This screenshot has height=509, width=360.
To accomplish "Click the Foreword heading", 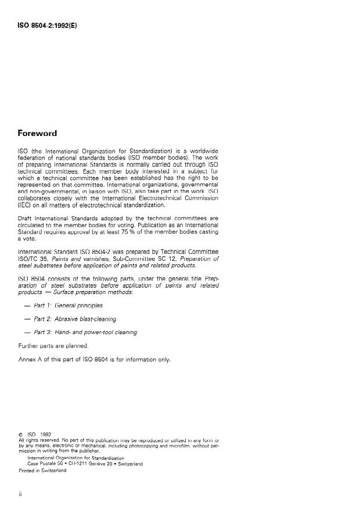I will point(37,133).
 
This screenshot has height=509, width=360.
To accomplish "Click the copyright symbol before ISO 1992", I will point(21,434).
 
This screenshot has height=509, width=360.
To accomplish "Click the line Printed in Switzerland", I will point(42,471).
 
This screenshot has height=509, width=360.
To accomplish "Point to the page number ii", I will point(20,493).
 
